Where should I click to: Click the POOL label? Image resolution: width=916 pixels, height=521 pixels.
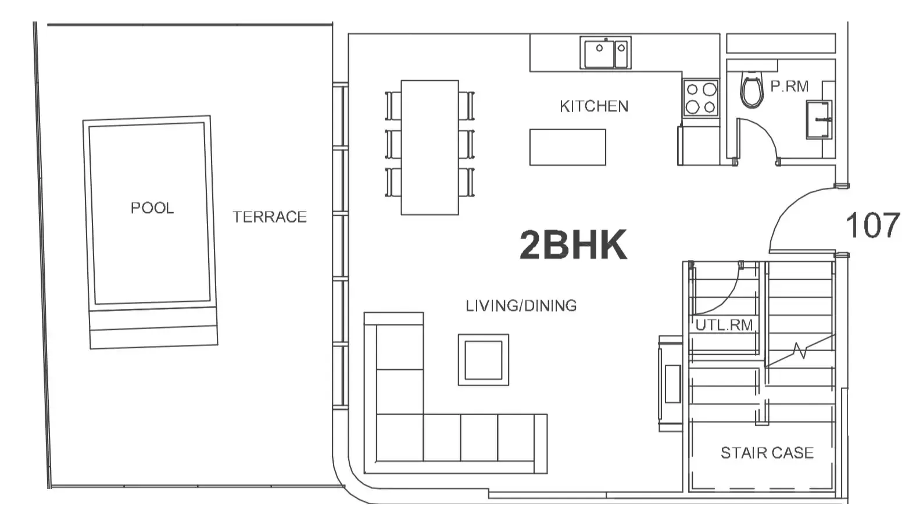coord(152,208)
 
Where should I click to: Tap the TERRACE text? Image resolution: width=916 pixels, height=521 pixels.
coord(270,217)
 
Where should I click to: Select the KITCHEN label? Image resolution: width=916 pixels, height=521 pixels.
coord(594,106)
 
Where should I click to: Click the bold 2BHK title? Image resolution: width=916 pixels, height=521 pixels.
coord(573,245)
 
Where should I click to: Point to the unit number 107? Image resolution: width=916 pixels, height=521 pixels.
coord(872,225)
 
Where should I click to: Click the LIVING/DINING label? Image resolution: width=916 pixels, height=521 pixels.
coord(521,305)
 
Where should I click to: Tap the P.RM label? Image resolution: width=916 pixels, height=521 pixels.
coord(789,86)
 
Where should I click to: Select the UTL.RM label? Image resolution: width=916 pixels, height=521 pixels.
coord(724,325)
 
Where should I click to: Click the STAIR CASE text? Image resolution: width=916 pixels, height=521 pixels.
coord(767,453)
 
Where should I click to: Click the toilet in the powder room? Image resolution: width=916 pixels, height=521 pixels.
coord(752,90)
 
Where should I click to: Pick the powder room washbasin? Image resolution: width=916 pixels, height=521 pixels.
coord(819,120)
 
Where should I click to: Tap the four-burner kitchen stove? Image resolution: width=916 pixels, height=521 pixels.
coord(701,98)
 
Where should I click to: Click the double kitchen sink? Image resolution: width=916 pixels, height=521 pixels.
coord(606,53)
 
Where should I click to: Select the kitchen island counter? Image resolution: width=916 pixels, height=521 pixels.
coord(568,147)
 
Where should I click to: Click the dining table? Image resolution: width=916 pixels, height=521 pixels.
coord(430,147)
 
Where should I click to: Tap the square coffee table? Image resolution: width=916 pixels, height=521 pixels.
coord(484,360)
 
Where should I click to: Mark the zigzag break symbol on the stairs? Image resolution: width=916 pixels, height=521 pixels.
coord(800,351)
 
